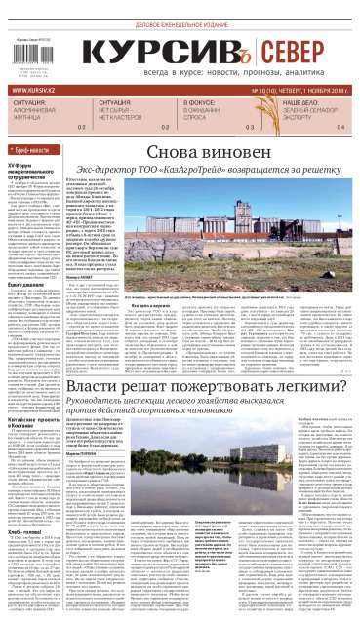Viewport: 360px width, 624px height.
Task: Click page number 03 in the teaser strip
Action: click(250, 127)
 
